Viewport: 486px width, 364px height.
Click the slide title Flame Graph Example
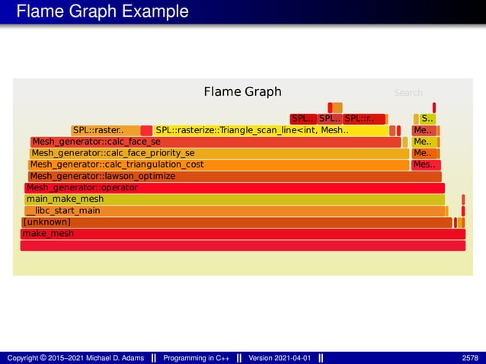[x=102, y=12]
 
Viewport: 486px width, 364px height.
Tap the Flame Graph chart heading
[x=242, y=92]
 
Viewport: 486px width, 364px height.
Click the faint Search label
[x=408, y=93]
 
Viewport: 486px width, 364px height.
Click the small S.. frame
[x=427, y=119]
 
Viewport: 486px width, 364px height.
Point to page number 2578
[x=470, y=358]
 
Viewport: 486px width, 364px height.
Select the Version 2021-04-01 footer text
[x=280, y=358]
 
